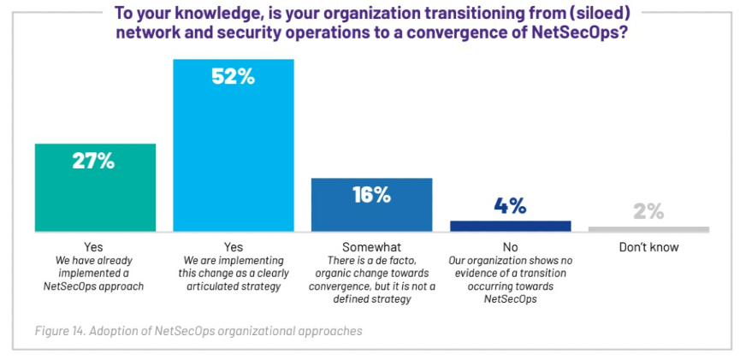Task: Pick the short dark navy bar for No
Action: (x=510, y=226)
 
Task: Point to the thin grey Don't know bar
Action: (x=648, y=229)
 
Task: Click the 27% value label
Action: (x=95, y=161)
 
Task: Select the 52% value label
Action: (x=233, y=76)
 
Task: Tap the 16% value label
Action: (x=371, y=194)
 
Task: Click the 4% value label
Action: (x=510, y=206)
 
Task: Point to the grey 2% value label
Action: (x=648, y=211)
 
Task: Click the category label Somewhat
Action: (x=371, y=247)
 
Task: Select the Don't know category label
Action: (x=648, y=247)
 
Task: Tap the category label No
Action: (x=510, y=247)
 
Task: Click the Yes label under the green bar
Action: (x=95, y=247)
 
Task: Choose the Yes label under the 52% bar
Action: (x=233, y=247)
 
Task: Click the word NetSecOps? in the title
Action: (x=581, y=35)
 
